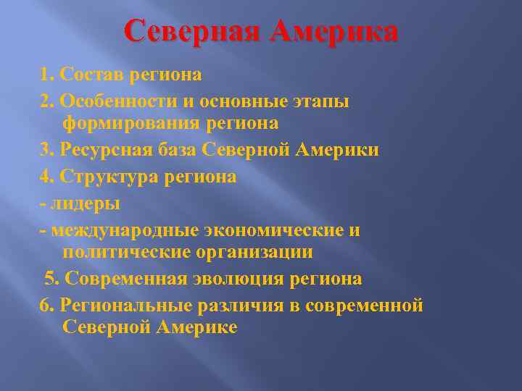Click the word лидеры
pyautogui.click(x=86, y=203)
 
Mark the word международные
pyautogui.click(x=125, y=230)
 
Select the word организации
pyautogui.click(x=254, y=253)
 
